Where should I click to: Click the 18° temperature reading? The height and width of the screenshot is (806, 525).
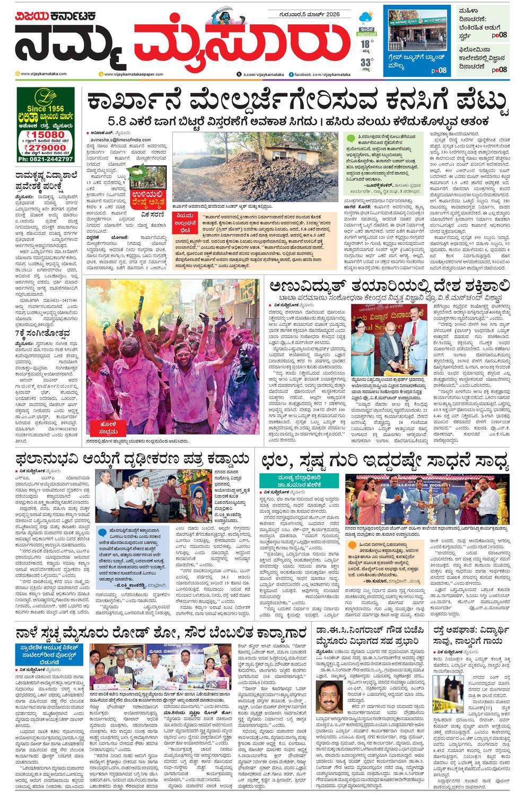[365, 44]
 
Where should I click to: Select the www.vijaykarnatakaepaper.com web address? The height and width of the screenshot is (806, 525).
[134, 74]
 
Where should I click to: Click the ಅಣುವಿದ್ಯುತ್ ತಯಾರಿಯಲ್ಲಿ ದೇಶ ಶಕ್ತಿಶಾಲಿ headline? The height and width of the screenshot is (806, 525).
[389, 287]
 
